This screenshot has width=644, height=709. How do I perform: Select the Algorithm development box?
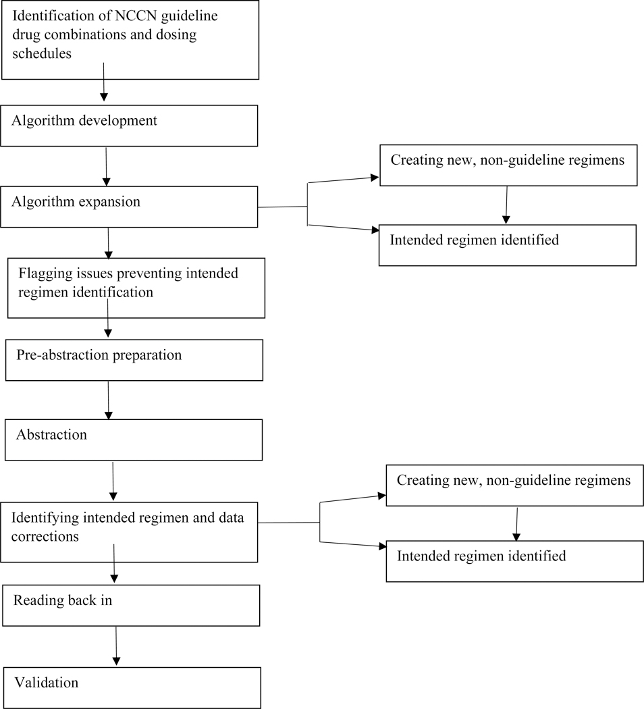(129, 126)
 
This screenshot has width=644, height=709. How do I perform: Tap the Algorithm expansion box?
(129, 207)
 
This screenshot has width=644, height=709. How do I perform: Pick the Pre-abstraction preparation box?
(134, 360)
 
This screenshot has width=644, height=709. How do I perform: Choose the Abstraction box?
(133, 440)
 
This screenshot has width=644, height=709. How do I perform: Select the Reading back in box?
(131, 605)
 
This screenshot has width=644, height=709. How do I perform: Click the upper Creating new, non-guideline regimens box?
(508, 165)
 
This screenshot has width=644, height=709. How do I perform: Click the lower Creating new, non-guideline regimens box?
(514, 485)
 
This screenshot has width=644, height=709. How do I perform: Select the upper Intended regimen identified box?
(508, 244)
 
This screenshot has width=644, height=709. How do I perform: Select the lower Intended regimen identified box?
(514, 561)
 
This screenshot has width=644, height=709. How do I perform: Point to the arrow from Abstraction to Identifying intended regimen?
(113, 481)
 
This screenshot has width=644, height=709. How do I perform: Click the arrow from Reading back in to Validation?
(117, 646)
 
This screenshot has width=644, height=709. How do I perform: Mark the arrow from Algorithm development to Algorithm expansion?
(107, 165)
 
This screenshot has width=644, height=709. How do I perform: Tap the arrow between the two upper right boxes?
(506, 205)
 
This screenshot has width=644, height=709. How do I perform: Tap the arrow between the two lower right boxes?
(516, 523)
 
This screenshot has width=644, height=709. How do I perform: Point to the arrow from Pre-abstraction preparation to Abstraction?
(108, 400)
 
